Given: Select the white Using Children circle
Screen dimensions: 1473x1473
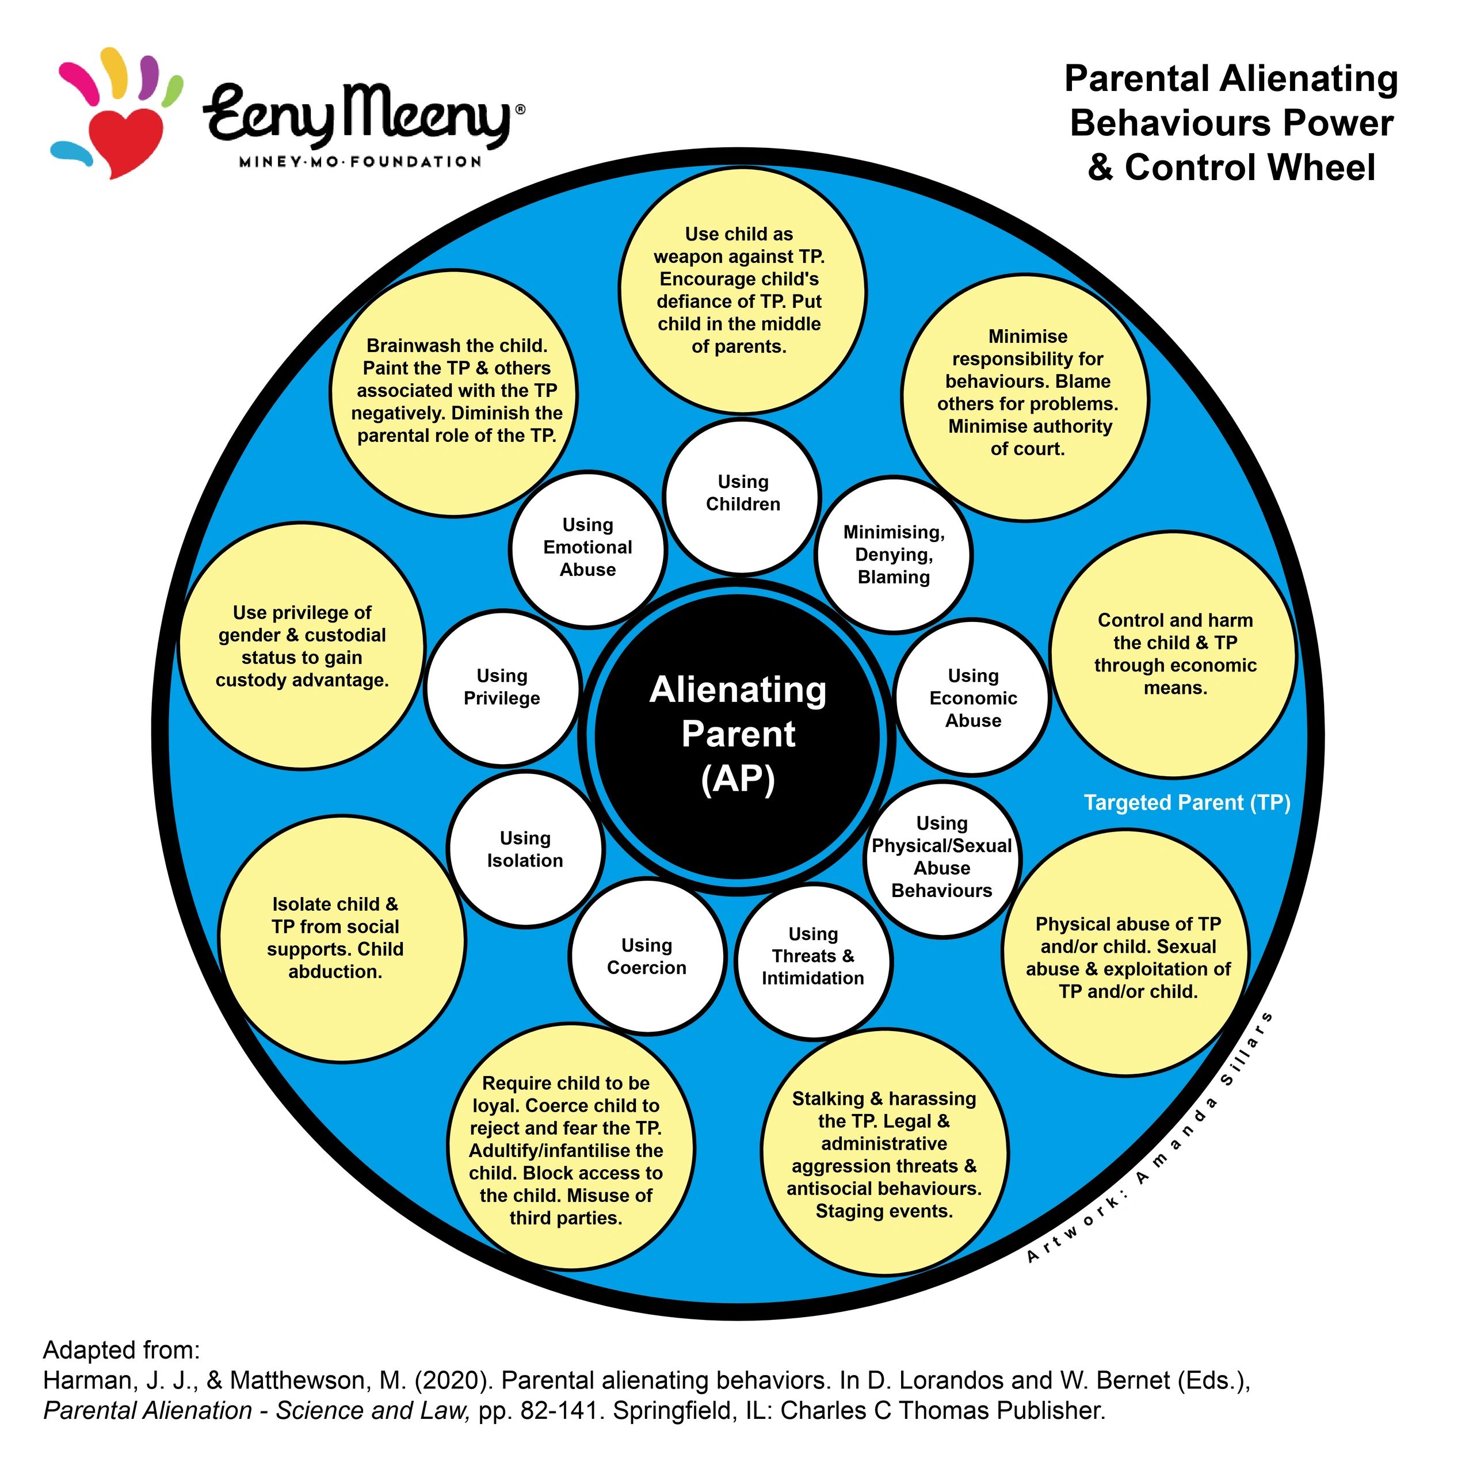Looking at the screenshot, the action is pyautogui.click(x=742, y=497).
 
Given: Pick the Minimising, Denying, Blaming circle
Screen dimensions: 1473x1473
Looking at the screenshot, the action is pyautogui.click(x=894, y=554).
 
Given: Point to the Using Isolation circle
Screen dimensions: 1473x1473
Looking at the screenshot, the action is pyautogui.click(x=525, y=849).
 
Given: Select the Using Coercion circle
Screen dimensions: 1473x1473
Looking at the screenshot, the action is pyautogui.click(x=647, y=956).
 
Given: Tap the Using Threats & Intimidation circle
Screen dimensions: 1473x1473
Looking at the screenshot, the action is pyautogui.click(x=814, y=961).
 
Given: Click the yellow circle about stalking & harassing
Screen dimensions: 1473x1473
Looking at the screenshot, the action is pyautogui.click(x=884, y=1152).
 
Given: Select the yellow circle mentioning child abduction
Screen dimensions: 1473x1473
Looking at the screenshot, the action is pyautogui.click(x=342, y=938).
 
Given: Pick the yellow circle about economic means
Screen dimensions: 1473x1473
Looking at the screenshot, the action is pyautogui.click(x=1173, y=655).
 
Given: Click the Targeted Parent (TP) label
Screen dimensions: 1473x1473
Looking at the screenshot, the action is pyautogui.click(x=1187, y=803).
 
